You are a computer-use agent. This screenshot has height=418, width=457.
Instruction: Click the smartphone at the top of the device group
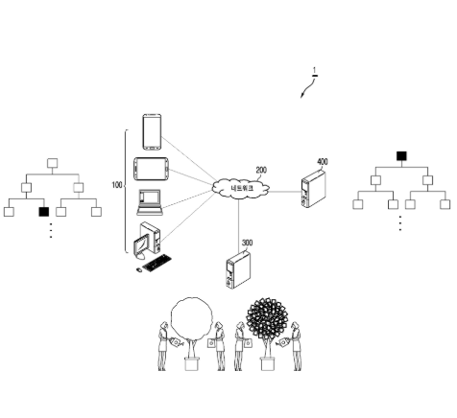pos(152,131)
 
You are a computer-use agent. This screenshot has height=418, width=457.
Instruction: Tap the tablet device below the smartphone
pos(151,169)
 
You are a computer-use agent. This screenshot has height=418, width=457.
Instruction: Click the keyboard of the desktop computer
pos(156,263)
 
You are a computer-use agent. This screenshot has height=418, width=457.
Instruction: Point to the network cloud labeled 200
pos(241,188)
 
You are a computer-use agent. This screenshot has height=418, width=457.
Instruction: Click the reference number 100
pos(117,185)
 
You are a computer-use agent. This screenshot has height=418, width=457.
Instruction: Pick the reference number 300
pos(247,243)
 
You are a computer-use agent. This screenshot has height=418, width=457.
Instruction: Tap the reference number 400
pos(323,162)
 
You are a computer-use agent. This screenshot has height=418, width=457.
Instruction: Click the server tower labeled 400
pos(313,189)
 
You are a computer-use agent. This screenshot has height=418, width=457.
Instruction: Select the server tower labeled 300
pos(238,270)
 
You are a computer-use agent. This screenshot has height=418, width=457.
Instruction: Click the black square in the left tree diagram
pos(44,212)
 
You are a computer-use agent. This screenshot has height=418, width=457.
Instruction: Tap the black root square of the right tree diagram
pos(401,156)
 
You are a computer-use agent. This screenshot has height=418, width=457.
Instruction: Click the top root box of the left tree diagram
pos(53,163)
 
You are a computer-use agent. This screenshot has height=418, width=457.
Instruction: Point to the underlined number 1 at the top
pos(315,71)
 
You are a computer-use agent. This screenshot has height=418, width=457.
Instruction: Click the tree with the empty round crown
pos(191,333)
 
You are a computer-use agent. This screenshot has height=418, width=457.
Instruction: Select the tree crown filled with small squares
pos(267,317)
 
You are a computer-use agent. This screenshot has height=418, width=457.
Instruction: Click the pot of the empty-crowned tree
pos(192,364)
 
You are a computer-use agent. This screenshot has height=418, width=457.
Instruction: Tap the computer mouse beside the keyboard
pos(139,270)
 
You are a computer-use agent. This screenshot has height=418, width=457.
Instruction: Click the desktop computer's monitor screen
pos(141,244)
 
